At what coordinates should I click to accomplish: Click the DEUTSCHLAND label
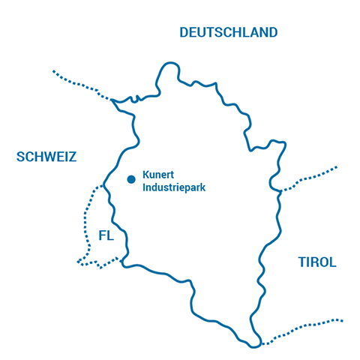click(x=229, y=32)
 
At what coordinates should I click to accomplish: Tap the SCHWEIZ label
click(x=46, y=157)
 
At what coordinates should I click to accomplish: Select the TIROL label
click(x=317, y=262)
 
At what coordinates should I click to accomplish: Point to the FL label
click(x=106, y=235)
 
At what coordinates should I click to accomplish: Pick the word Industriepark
click(x=174, y=187)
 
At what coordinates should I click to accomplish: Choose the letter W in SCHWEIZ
click(x=46, y=157)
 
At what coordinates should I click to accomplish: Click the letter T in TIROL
click(x=301, y=262)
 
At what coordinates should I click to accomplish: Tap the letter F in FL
click(x=102, y=235)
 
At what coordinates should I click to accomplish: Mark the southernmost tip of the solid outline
click(x=256, y=345)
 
